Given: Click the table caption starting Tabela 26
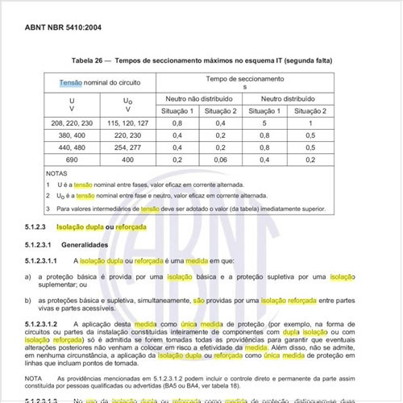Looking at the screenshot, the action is point(201,61).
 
